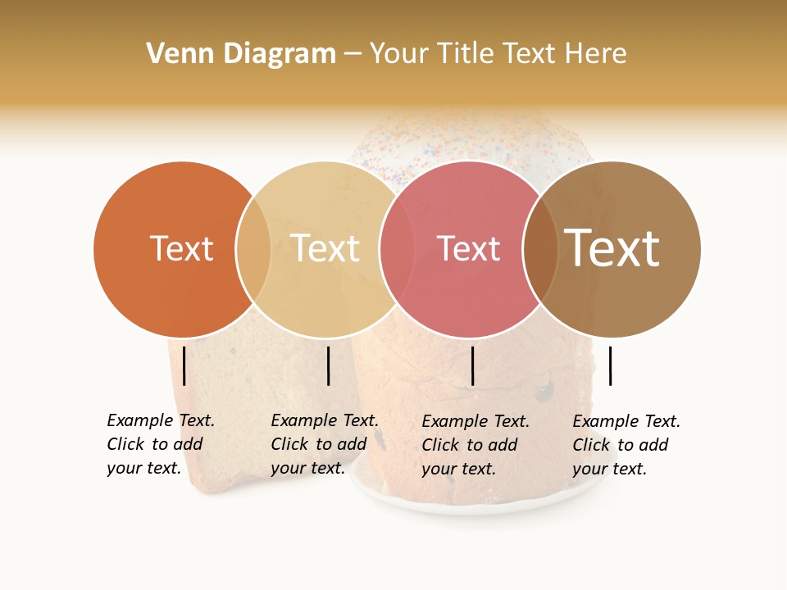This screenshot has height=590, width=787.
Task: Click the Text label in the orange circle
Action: click(181, 249)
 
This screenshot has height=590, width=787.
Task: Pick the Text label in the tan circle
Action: click(325, 249)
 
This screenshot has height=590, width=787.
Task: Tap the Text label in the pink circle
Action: click(468, 249)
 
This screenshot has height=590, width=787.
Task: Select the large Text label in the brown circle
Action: click(612, 249)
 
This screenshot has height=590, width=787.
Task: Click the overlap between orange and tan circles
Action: click(253, 249)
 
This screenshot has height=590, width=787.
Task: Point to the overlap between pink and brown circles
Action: click(540, 249)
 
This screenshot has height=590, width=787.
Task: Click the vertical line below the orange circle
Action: click(184, 365)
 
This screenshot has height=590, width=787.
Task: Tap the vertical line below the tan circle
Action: click(328, 365)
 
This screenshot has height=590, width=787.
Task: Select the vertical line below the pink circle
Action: click(472, 365)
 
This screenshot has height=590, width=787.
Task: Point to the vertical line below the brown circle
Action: click(610, 365)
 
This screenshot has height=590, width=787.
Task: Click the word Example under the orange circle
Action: click(140, 421)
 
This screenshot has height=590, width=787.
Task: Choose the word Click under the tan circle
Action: click(289, 445)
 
